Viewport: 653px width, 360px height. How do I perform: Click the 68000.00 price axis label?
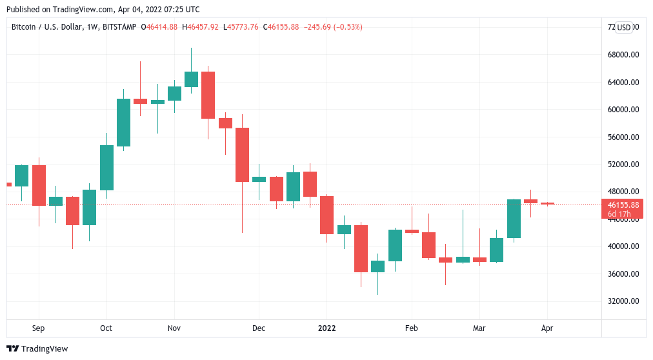[623, 55]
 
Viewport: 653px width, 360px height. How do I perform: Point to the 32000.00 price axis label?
[623, 301]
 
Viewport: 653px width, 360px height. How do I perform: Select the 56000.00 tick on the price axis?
[623, 137]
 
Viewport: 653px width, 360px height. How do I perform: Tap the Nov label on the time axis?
[174, 328]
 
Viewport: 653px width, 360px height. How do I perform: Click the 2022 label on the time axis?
[326, 328]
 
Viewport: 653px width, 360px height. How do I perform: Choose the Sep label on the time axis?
[38, 328]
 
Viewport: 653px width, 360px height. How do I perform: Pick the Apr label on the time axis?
[547, 328]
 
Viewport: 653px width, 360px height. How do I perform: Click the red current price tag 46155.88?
[623, 205]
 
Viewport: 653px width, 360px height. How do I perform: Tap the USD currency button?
[624, 27]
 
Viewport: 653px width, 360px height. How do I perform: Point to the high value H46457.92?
[201, 27]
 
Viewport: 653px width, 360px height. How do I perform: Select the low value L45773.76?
[240, 27]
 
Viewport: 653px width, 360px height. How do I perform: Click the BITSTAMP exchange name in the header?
[123, 27]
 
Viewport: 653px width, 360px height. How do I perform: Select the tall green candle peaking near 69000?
[191, 79]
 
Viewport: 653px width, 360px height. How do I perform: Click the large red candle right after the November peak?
[208, 95]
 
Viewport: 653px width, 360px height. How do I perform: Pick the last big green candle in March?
[514, 219]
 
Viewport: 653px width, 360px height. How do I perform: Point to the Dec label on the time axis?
[259, 328]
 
